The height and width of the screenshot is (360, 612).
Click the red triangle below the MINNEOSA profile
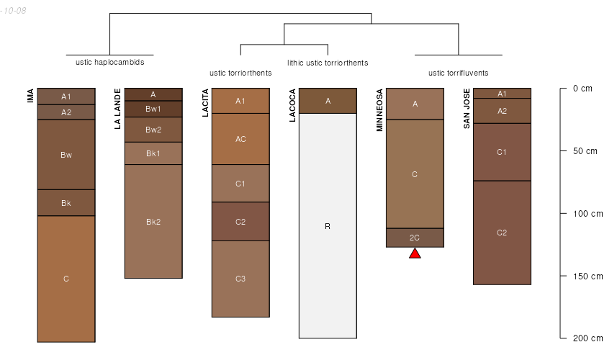pos(415,253)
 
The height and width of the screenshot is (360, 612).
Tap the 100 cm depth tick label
pos(588,214)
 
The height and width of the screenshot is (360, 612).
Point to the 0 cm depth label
pos(582,89)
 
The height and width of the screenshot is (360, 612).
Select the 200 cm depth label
pos(588,338)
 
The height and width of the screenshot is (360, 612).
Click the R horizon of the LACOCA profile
pos(328,225)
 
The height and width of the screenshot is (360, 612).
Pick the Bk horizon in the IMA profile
pos(66,202)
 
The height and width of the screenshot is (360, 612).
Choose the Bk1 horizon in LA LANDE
pos(153,153)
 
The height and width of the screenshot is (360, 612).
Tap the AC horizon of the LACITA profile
pos(240,139)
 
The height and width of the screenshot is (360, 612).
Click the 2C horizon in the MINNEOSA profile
pos(415,238)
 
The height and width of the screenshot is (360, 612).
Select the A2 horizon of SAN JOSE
pos(502,111)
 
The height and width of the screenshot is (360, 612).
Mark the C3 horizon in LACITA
pos(240,279)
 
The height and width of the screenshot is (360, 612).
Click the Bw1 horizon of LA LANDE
pos(153,109)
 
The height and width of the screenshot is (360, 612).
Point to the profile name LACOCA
pos(292,105)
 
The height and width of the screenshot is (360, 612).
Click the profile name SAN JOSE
pos(467,108)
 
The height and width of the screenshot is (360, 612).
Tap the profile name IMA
pos(30,96)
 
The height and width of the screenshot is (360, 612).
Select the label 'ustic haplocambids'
pos(110,62)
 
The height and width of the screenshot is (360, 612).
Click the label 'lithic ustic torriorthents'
pos(328,63)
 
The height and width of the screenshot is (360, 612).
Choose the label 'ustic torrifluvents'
pos(458,73)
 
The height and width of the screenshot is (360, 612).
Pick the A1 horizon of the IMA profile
pos(66,96)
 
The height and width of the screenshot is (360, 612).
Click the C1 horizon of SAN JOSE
pos(502,152)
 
